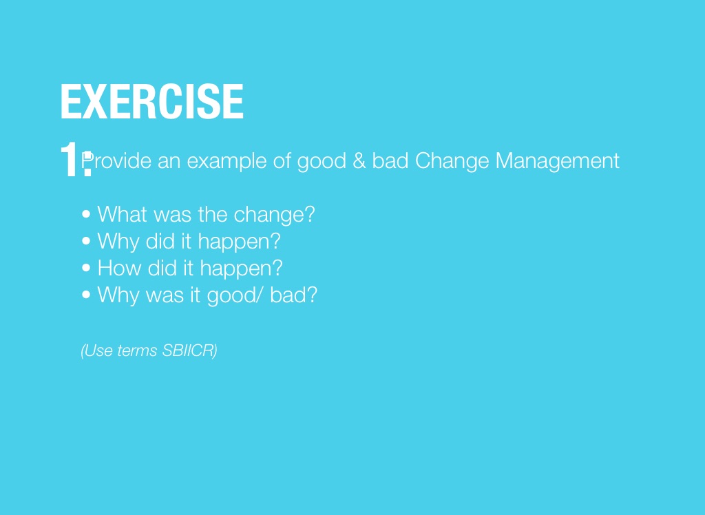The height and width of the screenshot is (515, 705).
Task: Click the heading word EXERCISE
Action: tap(152, 101)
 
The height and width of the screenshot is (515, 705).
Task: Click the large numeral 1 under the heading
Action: tap(70, 159)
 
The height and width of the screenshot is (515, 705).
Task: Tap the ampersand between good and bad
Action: tap(359, 160)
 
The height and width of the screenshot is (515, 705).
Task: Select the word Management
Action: tap(557, 161)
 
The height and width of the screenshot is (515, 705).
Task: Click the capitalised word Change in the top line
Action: tap(452, 161)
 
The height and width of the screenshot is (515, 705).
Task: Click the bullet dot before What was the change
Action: tap(86, 214)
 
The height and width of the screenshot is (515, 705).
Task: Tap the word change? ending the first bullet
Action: tap(274, 215)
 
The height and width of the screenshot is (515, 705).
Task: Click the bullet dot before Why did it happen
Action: tap(86, 241)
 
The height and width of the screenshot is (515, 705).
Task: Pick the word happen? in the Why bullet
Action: tap(239, 242)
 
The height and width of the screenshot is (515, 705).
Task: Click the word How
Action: tap(119, 268)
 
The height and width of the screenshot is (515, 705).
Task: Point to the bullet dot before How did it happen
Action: tap(86, 268)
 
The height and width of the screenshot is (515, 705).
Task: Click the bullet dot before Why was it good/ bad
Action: tap(86, 295)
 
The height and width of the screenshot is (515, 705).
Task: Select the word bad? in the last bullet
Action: tap(293, 295)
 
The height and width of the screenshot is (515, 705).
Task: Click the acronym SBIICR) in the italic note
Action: tap(190, 350)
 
